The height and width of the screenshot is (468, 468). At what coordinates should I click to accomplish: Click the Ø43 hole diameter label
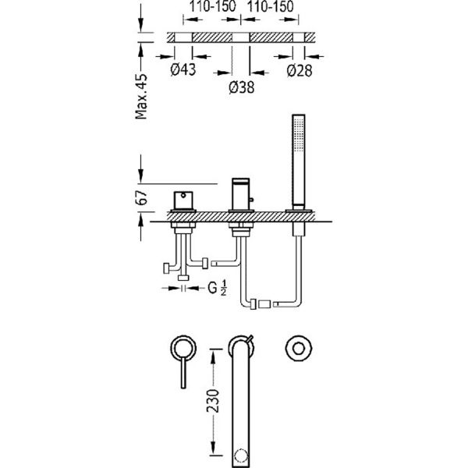(183, 69)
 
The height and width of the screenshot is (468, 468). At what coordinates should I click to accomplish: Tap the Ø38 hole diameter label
(242, 87)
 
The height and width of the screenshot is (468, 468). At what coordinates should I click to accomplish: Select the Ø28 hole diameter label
(300, 70)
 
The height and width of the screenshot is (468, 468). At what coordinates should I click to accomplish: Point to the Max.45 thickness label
(141, 97)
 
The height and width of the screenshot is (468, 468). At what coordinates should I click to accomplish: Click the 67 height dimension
(141, 197)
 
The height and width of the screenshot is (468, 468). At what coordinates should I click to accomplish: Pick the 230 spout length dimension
(213, 401)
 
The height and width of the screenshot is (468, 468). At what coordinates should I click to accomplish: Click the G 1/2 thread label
(217, 289)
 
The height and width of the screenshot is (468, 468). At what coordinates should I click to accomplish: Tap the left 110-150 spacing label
(212, 6)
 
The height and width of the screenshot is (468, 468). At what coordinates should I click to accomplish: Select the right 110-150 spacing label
(271, 6)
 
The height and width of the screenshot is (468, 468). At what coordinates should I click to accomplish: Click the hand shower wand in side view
(299, 162)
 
